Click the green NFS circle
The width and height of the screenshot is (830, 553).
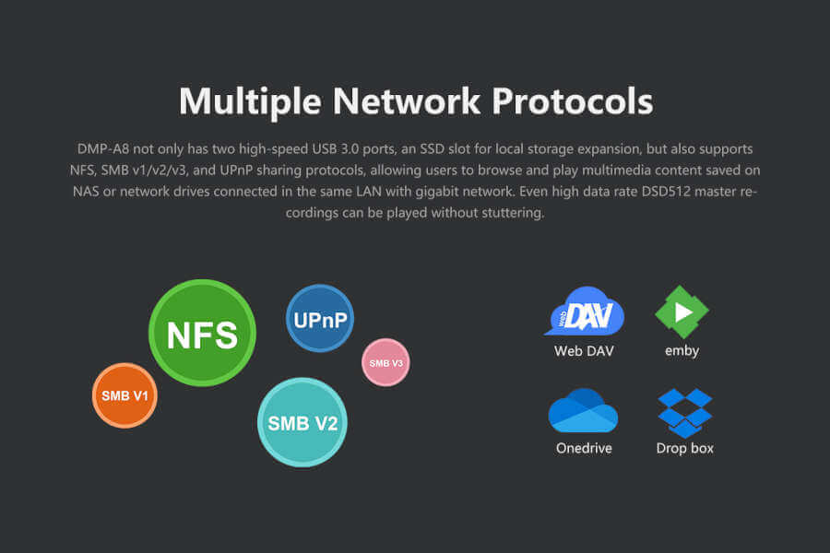202,333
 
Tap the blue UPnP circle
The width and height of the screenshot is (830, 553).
320,318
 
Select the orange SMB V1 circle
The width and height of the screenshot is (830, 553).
125,395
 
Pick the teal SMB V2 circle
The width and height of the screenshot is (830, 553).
302,422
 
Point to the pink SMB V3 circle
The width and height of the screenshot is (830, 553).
385,362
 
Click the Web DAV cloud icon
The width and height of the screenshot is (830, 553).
584,312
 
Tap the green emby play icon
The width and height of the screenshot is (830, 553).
682,312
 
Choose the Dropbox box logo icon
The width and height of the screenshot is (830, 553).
684,412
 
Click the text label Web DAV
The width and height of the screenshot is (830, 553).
584,350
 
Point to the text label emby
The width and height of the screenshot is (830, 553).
682,350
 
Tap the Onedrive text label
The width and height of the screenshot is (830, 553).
583,448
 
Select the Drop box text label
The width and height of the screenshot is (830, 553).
684,448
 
